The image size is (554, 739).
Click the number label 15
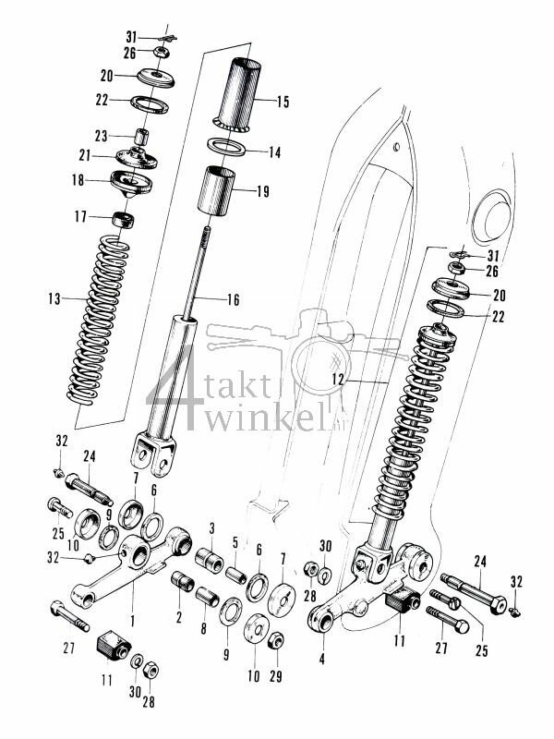(283, 102)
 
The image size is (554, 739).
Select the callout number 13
(54, 298)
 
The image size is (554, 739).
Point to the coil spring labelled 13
(95, 319)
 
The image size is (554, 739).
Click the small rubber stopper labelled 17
(123, 221)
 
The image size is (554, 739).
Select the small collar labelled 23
(143, 137)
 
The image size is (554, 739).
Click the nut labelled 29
(273, 640)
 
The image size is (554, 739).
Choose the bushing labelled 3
(210, 560)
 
